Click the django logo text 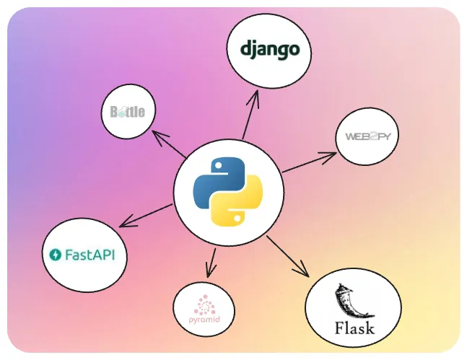[269, 50]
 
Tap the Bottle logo [128, 112]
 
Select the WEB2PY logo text [368, 136]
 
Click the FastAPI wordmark [90, 255]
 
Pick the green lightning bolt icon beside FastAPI [55, 255]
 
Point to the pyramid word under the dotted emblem [204, 320]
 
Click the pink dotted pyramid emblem [204, 305]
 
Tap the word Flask [354, 328]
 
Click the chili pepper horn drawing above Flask [352, 301]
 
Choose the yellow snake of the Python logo [237, 200]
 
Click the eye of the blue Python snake [219, 165]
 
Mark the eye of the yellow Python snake [237, 218]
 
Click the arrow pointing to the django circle [250, 115]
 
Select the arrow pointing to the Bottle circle [169, 144]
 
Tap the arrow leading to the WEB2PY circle [310, 162]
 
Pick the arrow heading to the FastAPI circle [146, 216]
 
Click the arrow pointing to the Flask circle [288, 256]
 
